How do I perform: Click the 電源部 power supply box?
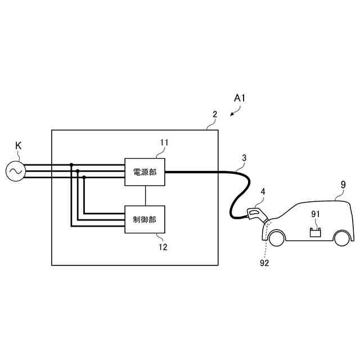coord(145,171)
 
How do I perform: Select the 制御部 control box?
coord(145,219)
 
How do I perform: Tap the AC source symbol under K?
coord(16,171)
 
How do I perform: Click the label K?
coord(18,146)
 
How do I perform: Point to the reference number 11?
coord(164,143)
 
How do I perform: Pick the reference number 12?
coord(163,246)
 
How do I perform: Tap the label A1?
coord(240,98)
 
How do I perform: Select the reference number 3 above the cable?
coord(244,157)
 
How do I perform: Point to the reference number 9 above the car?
coord(343,184)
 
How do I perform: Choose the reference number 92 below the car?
coord(264,262)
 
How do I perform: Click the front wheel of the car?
coord(276,238)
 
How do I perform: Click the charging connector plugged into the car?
coord(256,214)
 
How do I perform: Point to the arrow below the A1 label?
coord(234,112)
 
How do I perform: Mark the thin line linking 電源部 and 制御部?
coord(145,195)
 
